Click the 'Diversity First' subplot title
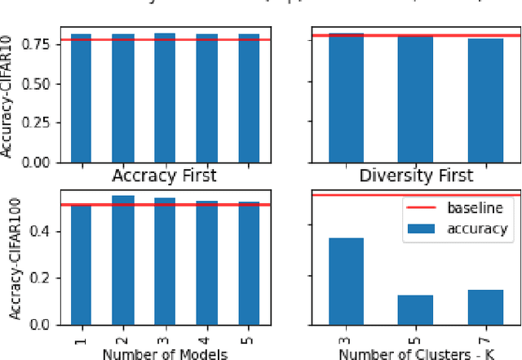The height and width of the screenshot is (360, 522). (416, 176)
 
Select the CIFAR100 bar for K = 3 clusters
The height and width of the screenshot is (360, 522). (343, 281)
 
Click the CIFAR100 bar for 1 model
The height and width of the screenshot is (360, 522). (82, 264)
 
